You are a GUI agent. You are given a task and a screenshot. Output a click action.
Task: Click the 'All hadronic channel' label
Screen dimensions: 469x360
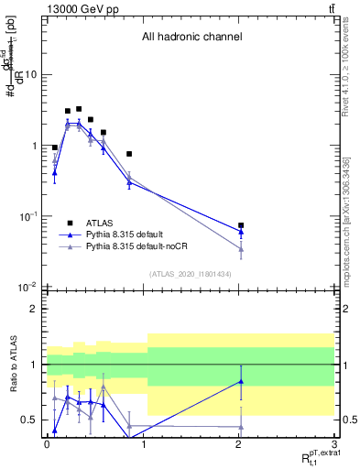point(191,38)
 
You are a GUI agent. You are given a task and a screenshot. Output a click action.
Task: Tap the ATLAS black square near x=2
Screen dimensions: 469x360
point(241,224)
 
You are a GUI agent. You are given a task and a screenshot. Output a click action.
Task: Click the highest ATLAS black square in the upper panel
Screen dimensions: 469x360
point(79,109)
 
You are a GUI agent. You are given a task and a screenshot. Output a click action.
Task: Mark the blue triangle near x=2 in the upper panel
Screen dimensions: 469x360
point(241,232)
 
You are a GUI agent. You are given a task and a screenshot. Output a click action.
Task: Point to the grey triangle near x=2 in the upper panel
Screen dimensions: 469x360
point(241,249)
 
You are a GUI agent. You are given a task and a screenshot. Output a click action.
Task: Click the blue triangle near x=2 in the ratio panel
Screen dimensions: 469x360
point(241,381)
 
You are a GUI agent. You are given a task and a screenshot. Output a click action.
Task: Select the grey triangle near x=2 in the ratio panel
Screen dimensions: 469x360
point(241,427)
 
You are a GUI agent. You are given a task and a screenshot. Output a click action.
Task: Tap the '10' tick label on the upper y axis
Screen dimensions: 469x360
point(31,75)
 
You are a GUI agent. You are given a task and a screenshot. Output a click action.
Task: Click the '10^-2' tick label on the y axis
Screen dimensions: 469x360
point(28,288)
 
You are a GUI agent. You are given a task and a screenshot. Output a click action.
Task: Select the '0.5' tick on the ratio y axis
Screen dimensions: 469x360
point(29,420)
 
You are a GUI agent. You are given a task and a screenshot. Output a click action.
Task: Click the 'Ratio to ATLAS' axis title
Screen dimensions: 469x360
point(12,366)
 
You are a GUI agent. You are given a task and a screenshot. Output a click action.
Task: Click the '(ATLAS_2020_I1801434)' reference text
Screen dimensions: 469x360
point(191,275)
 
